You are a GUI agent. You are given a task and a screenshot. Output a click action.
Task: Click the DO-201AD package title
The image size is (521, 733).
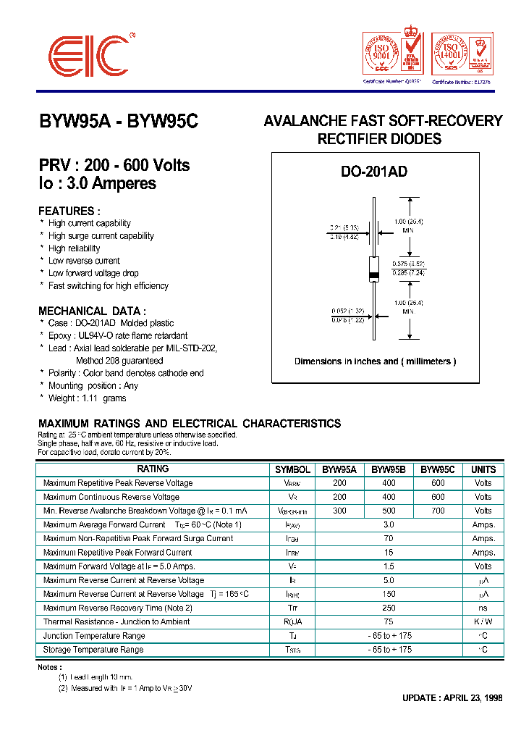coord(374,172)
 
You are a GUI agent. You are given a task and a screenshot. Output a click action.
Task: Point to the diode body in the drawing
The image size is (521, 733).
coord(374,268)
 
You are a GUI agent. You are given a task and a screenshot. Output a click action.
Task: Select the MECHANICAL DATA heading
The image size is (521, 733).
coord(92,311)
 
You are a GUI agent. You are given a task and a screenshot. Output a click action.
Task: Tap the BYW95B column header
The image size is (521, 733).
coord(389,469)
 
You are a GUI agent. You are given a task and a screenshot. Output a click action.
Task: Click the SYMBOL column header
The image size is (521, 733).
coord(293,469)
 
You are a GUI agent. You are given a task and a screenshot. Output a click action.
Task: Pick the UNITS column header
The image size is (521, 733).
coord(483,469)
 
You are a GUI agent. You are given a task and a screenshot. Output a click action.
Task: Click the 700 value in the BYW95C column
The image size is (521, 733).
coord(438,511)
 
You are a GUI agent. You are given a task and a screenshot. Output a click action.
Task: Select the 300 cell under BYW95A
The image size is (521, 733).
coord(339,511)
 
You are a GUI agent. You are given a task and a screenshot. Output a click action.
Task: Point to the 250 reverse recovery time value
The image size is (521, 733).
coord(389,608)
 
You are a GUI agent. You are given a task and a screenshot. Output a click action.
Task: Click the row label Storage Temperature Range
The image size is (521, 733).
coord(93,650)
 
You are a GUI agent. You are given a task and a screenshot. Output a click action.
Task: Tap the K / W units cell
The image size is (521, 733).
coord(483,621)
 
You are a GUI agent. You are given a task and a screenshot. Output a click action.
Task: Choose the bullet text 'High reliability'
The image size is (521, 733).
coord(75,248)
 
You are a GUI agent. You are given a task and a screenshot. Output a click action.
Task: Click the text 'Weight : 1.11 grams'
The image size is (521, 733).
coord(87,398)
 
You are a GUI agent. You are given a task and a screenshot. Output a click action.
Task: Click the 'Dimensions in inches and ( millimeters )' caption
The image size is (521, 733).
coord(375,361)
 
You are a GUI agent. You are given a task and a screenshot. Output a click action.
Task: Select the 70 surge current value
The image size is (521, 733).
coord(389,538)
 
